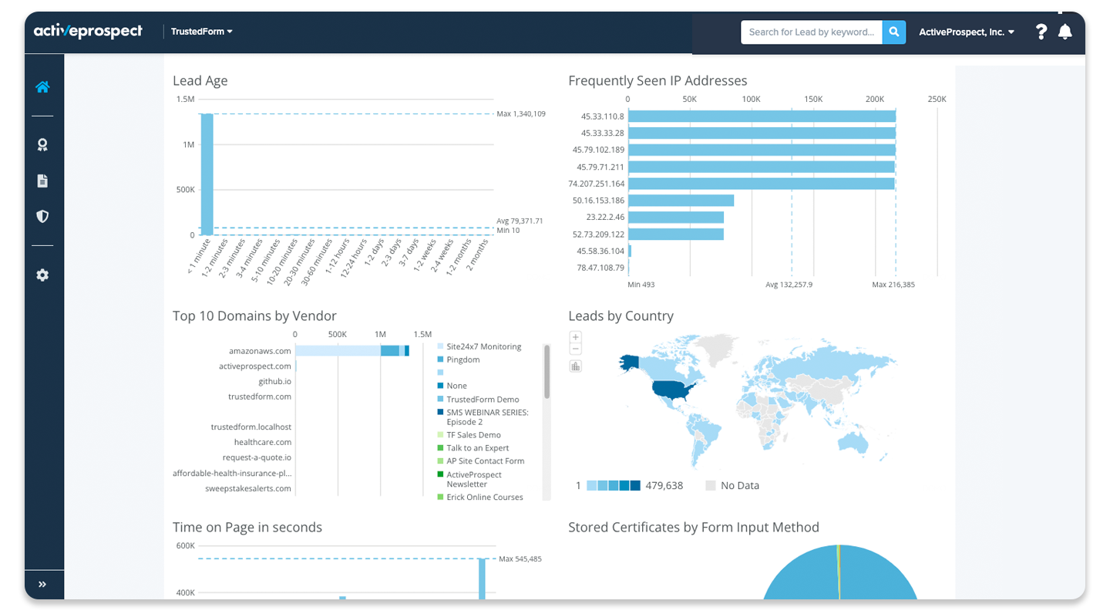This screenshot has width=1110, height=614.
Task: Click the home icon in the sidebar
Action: [x=42, y=87]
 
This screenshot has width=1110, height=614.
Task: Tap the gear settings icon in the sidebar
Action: [x=42, y=275]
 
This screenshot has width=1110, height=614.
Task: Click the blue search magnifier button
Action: [x=894, y=32]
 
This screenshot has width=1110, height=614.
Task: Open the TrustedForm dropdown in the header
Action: [x=202, y=32]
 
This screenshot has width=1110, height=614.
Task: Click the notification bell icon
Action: [x=1065, y=32]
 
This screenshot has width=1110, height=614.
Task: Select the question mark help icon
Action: [x=1041, y=32]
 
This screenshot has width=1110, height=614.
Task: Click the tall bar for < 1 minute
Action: [x=207, y=174]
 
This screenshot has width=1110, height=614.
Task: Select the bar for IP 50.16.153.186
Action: [x=681, y=201]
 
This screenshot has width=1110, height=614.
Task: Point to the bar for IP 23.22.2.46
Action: [x=676, y=218]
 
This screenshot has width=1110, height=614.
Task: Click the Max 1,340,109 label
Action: [x=521, y=113]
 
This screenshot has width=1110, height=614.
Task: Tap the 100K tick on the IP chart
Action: [x=751, y=99]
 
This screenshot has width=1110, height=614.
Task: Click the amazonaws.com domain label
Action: [x=260, y=351]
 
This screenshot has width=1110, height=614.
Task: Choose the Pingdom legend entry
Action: [x=462, y=359]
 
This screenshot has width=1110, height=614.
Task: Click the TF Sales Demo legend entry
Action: [x=473, y=435]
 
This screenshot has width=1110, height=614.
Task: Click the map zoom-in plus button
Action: [x=575, y=337]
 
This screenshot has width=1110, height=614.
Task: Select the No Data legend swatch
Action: [x=710, y=485]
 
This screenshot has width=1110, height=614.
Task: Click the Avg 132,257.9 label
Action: [x=789, y=285]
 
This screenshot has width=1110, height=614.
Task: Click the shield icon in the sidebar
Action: [x=42, y=216]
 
